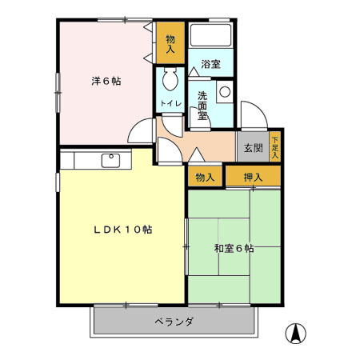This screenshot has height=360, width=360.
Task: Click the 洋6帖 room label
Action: coord(106,81)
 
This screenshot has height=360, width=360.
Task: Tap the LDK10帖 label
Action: coord(121,230)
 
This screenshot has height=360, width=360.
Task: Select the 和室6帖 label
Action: coord(234,248)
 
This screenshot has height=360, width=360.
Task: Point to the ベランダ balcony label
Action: coord(174,322)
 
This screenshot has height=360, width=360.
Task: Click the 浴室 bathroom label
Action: coord(210,63)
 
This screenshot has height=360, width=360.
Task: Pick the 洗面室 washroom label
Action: coord(204,103)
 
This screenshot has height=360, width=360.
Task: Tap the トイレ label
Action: coord(170,103)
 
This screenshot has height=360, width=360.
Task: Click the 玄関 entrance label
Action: coord(253,148)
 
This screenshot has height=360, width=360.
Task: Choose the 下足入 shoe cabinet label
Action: coord(275,146)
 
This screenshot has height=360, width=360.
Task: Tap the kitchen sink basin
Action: coord(111,160)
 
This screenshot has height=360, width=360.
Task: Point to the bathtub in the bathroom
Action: coord(211,36)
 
